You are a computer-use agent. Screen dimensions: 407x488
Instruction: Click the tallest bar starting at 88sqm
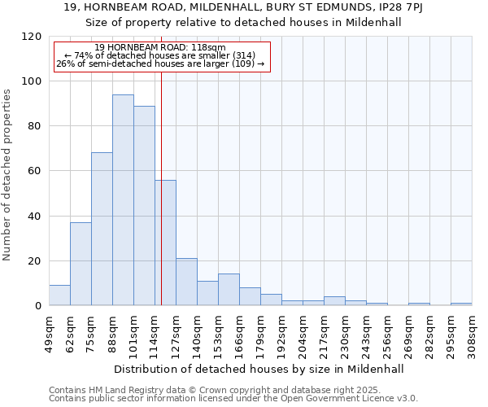123,200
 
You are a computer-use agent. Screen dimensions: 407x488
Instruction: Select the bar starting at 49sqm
59,295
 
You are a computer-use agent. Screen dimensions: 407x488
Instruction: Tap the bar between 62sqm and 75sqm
81,264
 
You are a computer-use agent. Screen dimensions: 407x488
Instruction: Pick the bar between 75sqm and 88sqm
102,229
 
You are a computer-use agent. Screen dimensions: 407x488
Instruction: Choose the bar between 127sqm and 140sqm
186,282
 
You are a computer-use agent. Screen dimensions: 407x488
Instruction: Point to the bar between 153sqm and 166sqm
229,290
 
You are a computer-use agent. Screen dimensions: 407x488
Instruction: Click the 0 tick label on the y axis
37,306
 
